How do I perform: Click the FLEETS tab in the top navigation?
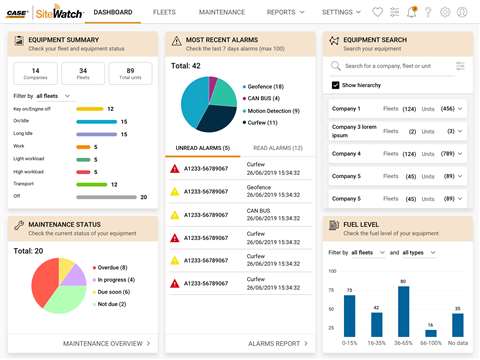[167, 12]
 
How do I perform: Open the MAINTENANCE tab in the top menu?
[222, 12]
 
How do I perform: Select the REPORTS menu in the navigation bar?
[284, 12]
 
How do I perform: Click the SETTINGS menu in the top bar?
[341, 12]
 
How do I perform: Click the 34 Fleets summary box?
[82, 73]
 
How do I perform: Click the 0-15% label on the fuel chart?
[348, 342]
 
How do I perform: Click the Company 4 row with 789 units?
[396, 154]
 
